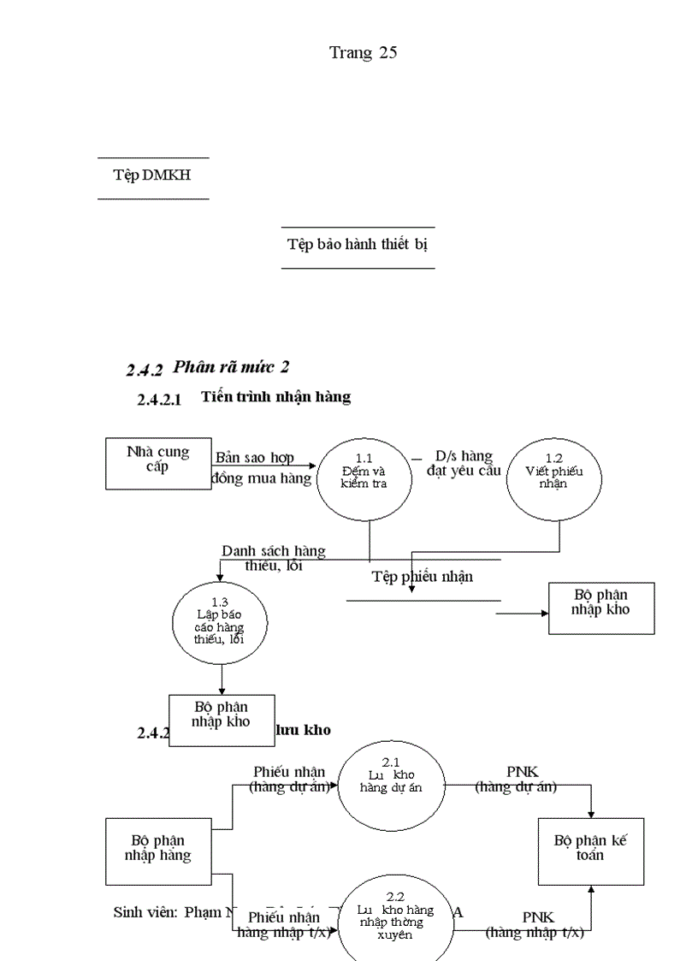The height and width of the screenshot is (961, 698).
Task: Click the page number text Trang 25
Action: click(363, 53)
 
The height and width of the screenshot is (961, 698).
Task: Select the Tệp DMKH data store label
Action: click(152, 175)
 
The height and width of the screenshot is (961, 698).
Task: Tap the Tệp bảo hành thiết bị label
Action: click(358, 244)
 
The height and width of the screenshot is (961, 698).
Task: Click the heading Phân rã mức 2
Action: click(231, 367)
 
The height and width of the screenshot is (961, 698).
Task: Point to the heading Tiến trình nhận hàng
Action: click(275, 397)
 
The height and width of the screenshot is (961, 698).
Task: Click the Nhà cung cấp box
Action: click(157, 463)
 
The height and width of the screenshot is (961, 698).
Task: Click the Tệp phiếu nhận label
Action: click(422, 577)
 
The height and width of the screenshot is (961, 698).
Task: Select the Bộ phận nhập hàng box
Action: click(157, 851)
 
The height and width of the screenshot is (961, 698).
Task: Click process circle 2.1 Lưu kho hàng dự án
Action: click(390, 784)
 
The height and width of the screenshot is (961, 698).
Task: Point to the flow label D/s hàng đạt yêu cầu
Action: click(464, 464)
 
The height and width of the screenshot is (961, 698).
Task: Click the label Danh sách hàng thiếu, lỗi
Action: click(273, 558)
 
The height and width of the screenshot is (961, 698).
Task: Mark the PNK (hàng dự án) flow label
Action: click(516, 780)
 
